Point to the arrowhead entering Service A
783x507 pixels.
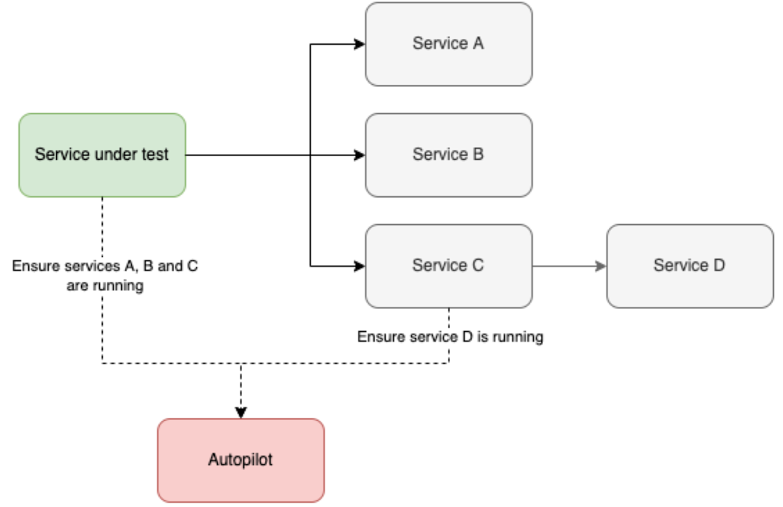360,45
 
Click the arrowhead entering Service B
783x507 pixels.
360,155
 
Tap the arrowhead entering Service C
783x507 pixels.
360,266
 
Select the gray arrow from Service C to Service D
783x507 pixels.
568,266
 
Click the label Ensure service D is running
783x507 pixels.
450,337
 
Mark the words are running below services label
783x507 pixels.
105,286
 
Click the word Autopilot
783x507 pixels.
240,460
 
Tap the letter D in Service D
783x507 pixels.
718,266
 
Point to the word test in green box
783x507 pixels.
155,155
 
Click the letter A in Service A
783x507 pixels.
478,44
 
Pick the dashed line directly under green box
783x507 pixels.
102,225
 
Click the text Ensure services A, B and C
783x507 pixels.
105,266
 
